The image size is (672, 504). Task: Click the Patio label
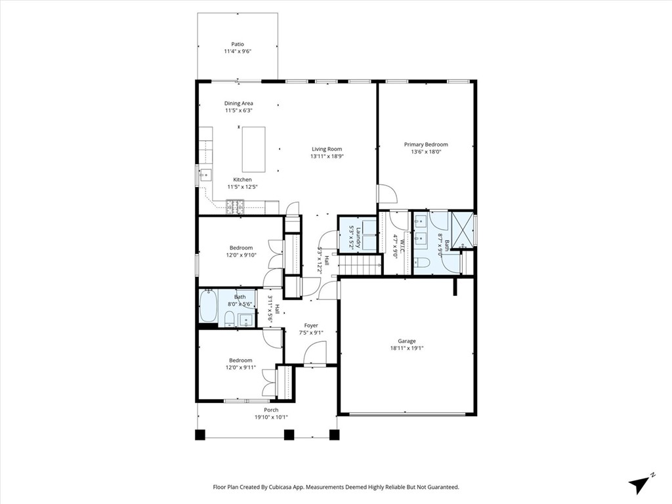click(237, 45)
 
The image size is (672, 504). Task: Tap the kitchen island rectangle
click(254, 149)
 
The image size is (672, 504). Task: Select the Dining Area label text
click(238, 103)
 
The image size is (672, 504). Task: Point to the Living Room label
click(326, 149)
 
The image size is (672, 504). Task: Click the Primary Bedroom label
click(426, 144)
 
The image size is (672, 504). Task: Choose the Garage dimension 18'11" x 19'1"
click(406, 348)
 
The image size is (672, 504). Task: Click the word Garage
click(406, 341)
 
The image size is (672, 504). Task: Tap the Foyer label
click(310, 325)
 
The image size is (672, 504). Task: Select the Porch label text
click(271, 409)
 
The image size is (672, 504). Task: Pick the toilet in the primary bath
click(422, 263)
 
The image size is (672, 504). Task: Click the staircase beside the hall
click(360, 265)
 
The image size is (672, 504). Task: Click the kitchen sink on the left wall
click(205, 175)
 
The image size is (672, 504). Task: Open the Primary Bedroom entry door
click(387, 194)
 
